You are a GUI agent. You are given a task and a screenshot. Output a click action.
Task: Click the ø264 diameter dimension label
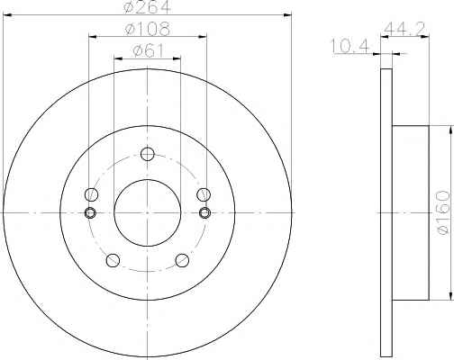coord(148,6)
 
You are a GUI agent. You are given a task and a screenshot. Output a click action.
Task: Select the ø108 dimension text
coord(148,29)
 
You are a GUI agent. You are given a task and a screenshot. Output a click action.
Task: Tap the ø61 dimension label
coord(148,50)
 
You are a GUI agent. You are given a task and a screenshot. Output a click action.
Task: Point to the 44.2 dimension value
coord(404,29)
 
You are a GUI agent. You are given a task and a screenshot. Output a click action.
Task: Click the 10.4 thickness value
coord(350,47)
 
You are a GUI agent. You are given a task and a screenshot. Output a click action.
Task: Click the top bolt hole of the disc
coord(148,154)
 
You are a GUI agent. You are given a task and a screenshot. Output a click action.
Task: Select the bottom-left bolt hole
coord(113,260)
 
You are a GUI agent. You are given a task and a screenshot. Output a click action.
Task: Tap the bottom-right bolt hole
coord(182,260)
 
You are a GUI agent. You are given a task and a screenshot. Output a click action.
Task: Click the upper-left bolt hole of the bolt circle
coord(91,194)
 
